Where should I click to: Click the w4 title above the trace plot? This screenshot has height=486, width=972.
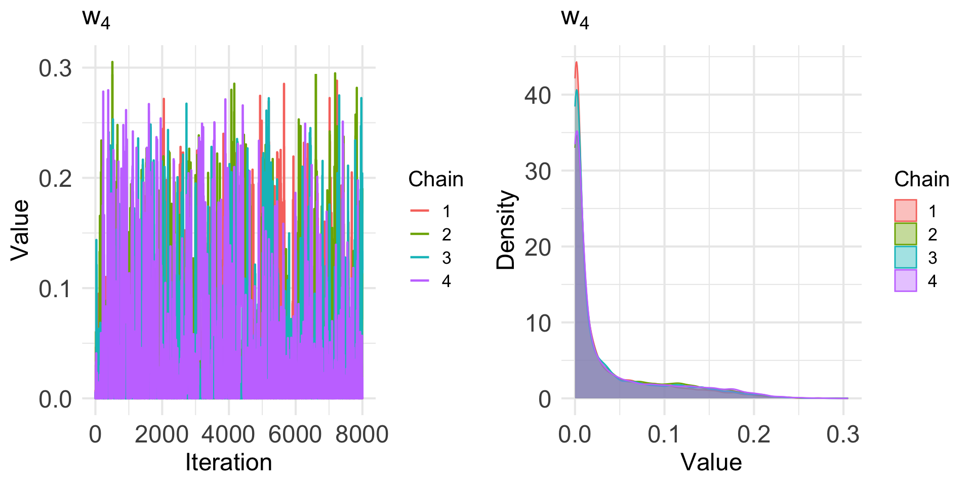click(x=96, y=19)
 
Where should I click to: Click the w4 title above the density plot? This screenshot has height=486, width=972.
click(x=575, y=19)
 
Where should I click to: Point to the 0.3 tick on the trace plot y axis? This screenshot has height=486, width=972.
click(x=56, y=68)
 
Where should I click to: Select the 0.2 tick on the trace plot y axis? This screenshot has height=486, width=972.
click(x=56, y=178)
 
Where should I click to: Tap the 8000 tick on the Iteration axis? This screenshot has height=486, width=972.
click(x=362, y=434)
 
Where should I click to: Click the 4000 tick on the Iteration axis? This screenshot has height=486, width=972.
click(x=228, y=434)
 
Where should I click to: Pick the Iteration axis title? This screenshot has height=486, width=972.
click(x=228, y=463)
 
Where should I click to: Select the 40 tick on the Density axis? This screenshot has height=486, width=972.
click(x=538, y=95)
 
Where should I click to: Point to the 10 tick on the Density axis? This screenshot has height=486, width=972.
click(x=538, y=323)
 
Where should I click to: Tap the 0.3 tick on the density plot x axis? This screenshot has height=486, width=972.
click(x=843, y=434)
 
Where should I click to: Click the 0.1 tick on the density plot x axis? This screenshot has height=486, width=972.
click(x=664, y=434)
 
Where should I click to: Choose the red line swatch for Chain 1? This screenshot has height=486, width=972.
click(x=419, y=211)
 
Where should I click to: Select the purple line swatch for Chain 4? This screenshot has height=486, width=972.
click(x=419, y=281)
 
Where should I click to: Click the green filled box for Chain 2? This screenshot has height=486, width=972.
click(x=905, y=234)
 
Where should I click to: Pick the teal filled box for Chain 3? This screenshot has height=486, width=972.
click(x=905, y=257)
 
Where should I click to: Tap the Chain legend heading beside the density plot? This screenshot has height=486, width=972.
click(x=921, y=179)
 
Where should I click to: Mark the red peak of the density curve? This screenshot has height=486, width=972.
click(x=576, y=62)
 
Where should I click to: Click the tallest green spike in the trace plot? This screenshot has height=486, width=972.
click(x=112, y=62)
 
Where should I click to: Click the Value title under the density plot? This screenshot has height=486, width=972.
click(x=711, y=463)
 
